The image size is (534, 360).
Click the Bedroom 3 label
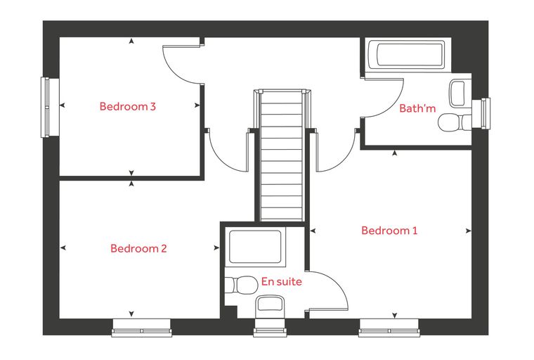point(128,106)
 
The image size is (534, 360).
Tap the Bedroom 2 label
point(138,248)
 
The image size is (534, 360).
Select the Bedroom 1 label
point(389,231)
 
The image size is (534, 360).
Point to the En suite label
point(281,281)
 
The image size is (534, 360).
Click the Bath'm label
point(417,108)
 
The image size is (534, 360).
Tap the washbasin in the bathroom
point(457,93)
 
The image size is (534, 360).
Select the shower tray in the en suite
point(255,247)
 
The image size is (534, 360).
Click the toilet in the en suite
point(241,285)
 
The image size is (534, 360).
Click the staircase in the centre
point(281,155)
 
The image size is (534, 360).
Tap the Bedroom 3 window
point(45,108)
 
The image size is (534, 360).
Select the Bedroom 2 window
point(142,328)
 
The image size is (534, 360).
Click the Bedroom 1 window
point(389,328)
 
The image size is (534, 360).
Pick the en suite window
point(270,328)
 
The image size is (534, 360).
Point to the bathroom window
point(486,113)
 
